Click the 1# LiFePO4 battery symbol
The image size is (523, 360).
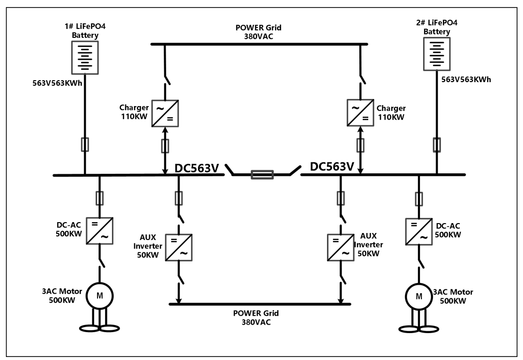pos(85,57)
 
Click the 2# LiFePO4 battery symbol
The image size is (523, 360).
pos(436,54)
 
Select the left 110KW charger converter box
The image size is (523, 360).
pos(165,114)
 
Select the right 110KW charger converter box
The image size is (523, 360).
pos(360,113)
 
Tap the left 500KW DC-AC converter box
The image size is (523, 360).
pos(100,231)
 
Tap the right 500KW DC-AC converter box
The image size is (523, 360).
pos(419,232)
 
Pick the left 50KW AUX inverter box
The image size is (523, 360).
pos(179,247)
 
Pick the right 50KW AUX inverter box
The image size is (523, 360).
pos(340,247)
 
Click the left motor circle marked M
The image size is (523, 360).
pos(100,296)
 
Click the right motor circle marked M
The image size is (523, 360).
pos(419,297)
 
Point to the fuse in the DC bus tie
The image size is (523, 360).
pos(262,174)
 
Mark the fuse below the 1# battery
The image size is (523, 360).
pos(85,144)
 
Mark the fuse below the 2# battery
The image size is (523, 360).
pos(436,145)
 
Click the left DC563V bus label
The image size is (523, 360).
pos(197,168)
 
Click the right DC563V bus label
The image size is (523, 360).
pos(332,166)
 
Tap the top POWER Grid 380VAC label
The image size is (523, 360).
pos(258,32)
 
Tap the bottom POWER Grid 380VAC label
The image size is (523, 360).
pos(256,318)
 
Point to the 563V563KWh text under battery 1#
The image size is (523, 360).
pos(57,83)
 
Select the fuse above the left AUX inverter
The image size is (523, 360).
pos(179,198)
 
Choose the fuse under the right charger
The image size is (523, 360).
pos(360,145)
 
